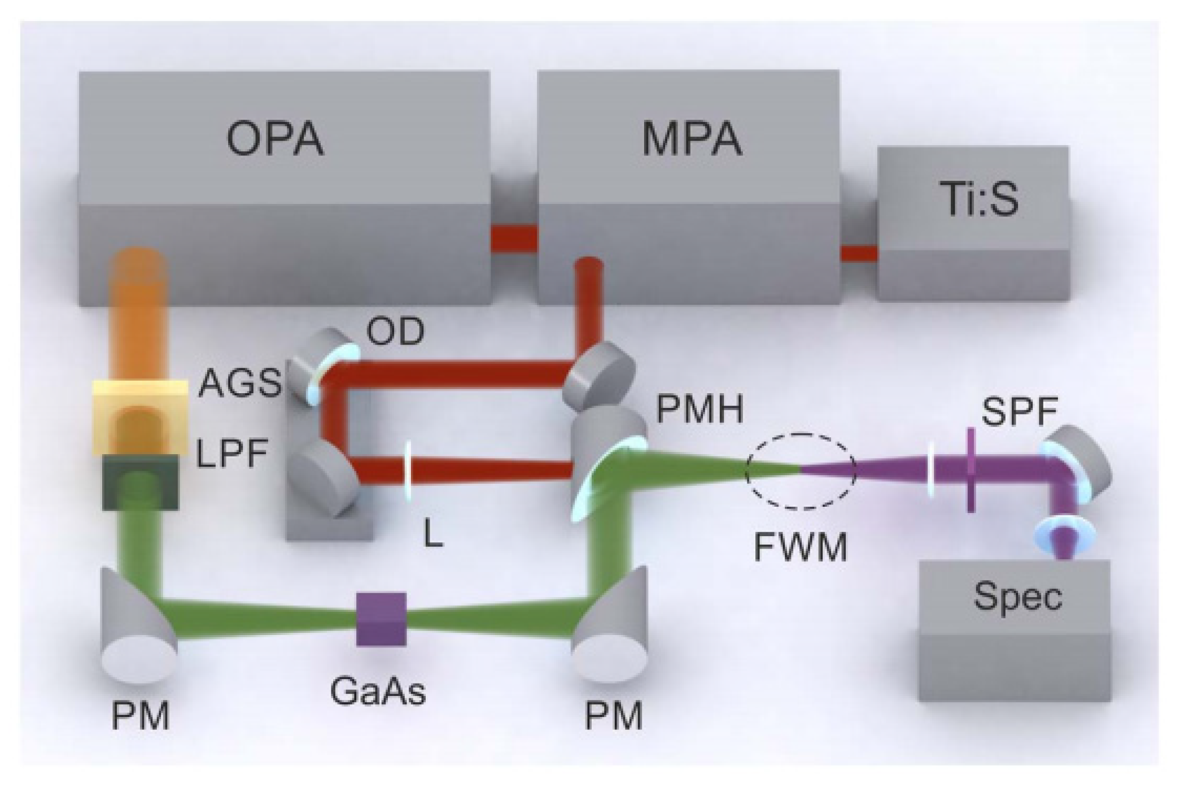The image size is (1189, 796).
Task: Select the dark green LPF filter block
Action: coord(140,483)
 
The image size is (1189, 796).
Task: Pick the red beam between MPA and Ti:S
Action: coord(858,253)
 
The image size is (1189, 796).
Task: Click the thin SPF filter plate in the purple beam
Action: coord(971,470)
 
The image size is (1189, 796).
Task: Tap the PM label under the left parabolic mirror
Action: coord(140,716)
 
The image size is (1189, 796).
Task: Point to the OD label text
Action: coord(395,332)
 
